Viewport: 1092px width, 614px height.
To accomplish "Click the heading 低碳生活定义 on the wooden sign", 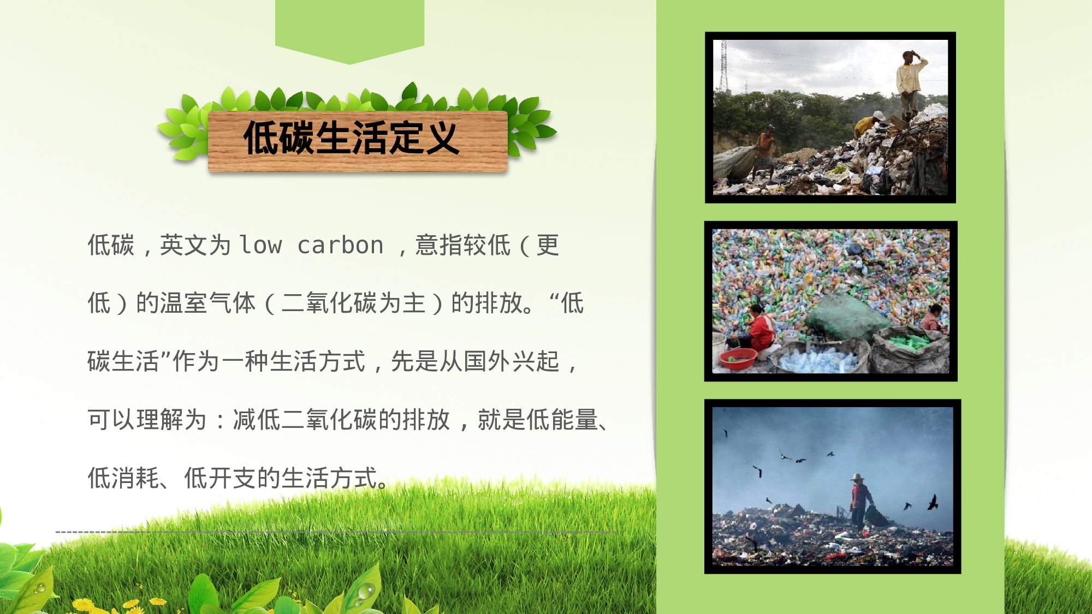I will pyautogui.click(x=351, y=138).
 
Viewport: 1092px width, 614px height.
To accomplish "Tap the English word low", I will pyautogui.click(x=261, y=245).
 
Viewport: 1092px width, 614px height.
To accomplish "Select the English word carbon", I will pyautogui.click(x=340, y=245).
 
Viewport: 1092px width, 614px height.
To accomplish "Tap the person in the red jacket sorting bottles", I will pyautogui.click(x=759, y=328).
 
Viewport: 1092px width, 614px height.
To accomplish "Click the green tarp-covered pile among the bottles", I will pyautogui.click(x=844, y=317).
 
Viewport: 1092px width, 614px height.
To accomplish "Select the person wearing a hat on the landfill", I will pyautogui.click(x=859, y=499).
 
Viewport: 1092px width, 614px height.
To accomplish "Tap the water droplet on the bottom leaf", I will pyautogui.click(x=365, y=591).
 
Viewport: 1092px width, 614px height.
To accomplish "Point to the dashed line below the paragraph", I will pyautogui.click(x=336, y=531).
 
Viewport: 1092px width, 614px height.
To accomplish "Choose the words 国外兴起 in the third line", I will pyautogui.click(x=512, y=362).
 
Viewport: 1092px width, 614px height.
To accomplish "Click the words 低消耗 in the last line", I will pyautogui.click(x=123, y=479).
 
